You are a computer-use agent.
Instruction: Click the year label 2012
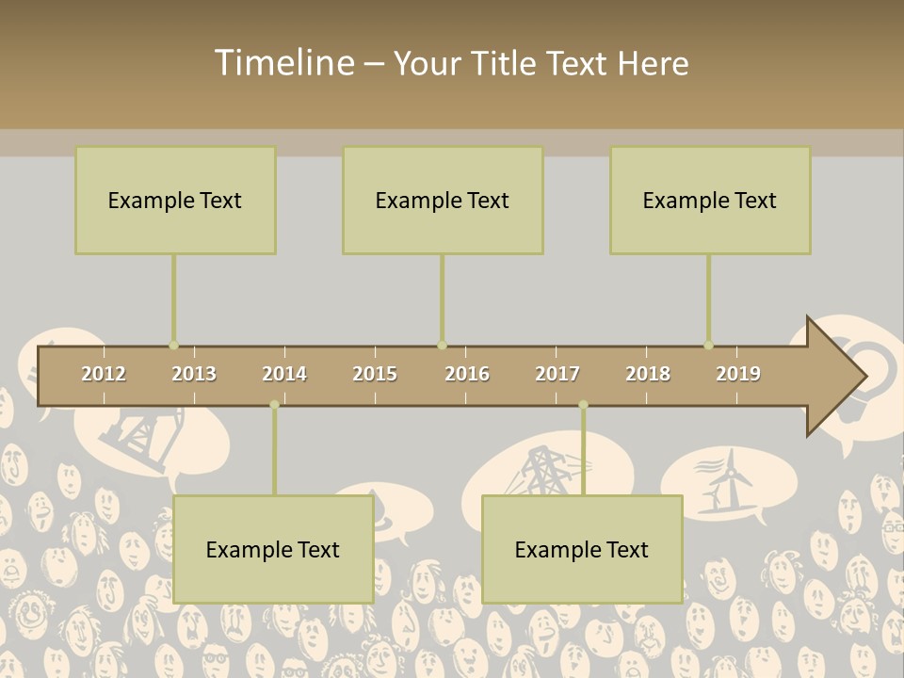[x=104, y=374]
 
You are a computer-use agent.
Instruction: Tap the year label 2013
[x=194, y=374]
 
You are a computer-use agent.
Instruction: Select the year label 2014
[x=284, y=374]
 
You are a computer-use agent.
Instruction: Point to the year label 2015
[x=375, y=374]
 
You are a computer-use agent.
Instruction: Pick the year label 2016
[x=467, y=374]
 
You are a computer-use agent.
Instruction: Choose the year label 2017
[x=557, y=374]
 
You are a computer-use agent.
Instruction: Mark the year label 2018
[x=648, y=374]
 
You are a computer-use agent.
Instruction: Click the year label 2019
[x=738, y=374]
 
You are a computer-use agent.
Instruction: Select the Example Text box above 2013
[x=175, y=200]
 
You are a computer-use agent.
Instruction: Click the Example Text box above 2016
[x=443, y=200]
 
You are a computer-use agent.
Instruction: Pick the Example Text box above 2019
[x=710, y=200]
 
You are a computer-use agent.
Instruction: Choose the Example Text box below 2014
[x=273, y=549]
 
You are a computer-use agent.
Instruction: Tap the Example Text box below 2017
[x=582, y=549]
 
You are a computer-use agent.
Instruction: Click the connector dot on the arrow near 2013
[x=173, y=346]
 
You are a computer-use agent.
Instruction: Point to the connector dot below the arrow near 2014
[x=274, y=405]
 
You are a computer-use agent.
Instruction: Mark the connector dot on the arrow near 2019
[x=708, y=346]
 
